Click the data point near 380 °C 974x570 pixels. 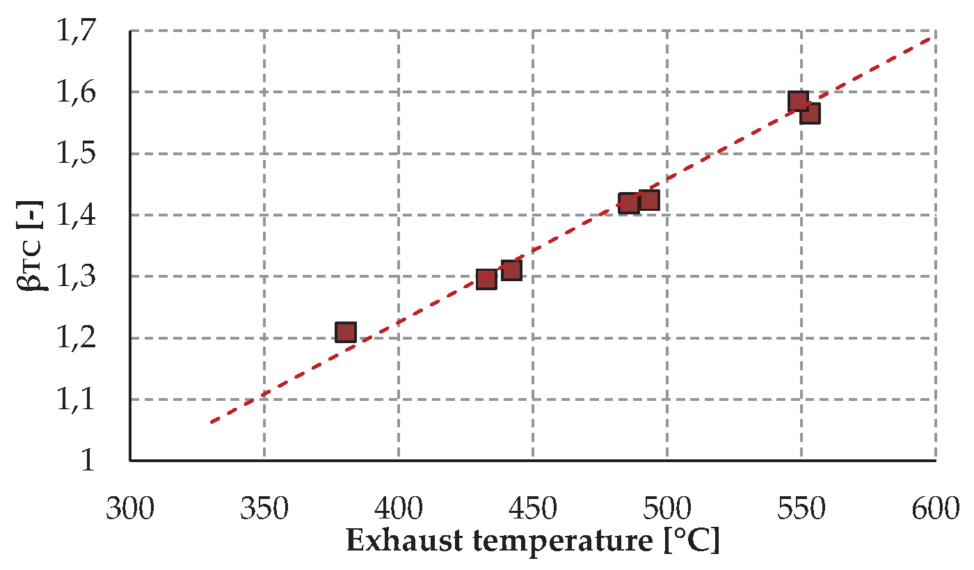pyautogui.click(x=345, y=332)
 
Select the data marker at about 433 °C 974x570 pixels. pyautogui.click(x=486, y=280)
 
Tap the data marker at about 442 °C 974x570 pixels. pyautogui.click(x=511, y=270)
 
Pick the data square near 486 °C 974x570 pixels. pyautogui.click(x=629, y=203)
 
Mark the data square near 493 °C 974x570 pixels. pyautogui.click(x=648, y=200)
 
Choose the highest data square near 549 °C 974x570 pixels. pyautogui.click(x=798, y=102)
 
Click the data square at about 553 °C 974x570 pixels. pyautogui.click(x=809, y=113)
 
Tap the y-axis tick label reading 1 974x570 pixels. pyautogui.click(x=88, y=461)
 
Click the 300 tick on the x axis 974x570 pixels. pyautogui.click(x=130, y=510)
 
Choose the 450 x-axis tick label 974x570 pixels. pyautogui.click(x=532, y=510)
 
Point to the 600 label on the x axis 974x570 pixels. pyautogui.click(x=935, y=510)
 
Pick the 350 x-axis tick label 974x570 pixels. pyautogui.click(x=264, y=510)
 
